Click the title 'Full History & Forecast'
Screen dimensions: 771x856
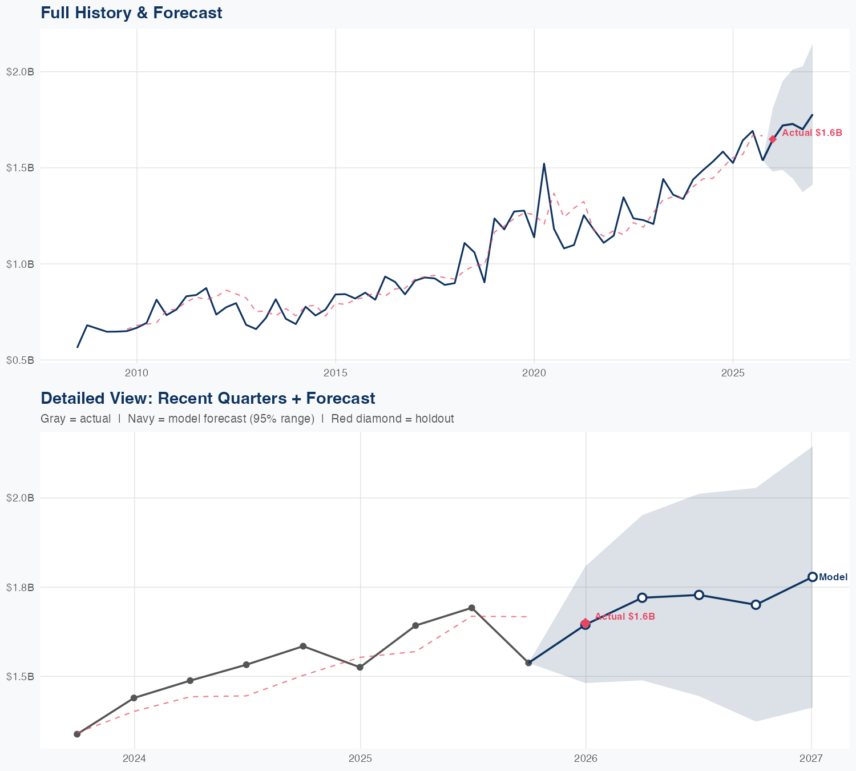[131, 13]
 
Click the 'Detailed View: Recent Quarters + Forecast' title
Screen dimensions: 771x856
[208, 398]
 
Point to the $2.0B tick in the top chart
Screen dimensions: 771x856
[20, 72]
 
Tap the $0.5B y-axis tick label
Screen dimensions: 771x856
[20, 360]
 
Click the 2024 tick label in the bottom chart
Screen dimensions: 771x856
[134, 758]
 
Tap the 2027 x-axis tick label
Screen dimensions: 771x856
[811, 758]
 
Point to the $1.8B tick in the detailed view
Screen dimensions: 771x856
[20, 587]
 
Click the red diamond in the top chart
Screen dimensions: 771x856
[773, 139]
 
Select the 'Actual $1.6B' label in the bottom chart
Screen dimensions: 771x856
[624, 617]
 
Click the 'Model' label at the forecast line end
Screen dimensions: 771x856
[833, 577]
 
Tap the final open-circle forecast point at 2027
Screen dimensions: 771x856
[812, 577]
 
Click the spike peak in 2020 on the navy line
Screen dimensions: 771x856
[544, 164]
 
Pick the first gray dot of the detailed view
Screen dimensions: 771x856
[77, 734]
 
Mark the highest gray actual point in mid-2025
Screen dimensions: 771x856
[472, 608]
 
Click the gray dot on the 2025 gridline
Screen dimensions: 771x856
[360, 667]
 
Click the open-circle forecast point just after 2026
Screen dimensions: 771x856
[642, 597]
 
